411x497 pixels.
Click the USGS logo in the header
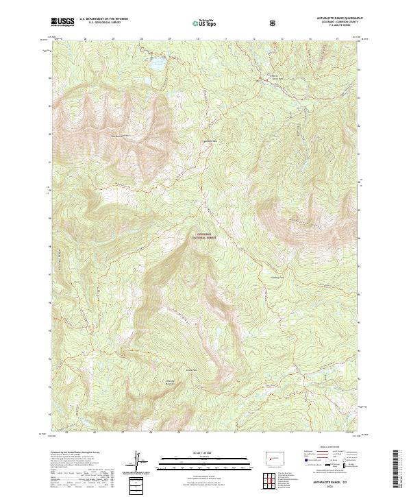(x=63, y=22)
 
